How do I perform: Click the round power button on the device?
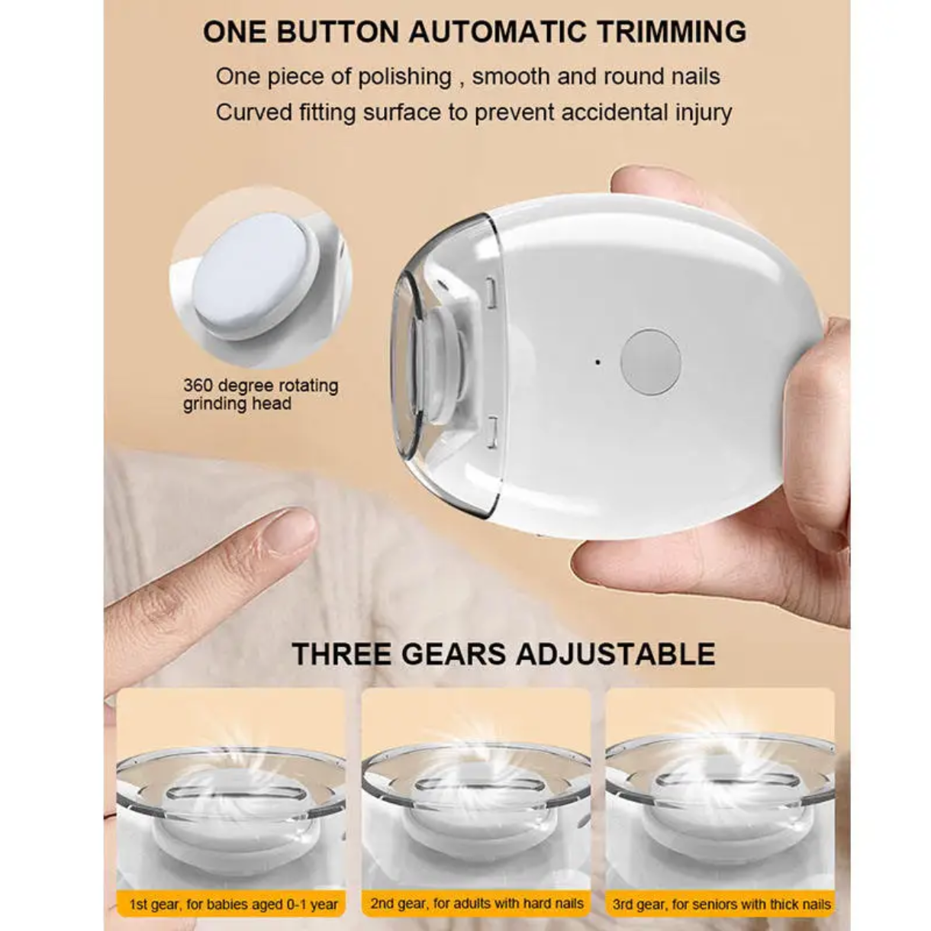pyautogui.click(x=650, y=362)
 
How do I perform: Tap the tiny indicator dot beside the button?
pyautogui.click(x=598, y=362)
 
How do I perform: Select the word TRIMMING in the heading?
pyautogui.click(x=672, y=32)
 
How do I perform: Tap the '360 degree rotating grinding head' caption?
pyautogui.click(x=260, y=394)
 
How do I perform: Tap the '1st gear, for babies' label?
pyautogui.click(x=233, y=904)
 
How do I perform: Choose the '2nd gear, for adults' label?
pyautogui.click(x=477, y=904)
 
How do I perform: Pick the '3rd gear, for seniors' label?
pyautogui.click(x=720, y=904)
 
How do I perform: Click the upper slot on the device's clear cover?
pyautogui.click(x=492, y=293)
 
